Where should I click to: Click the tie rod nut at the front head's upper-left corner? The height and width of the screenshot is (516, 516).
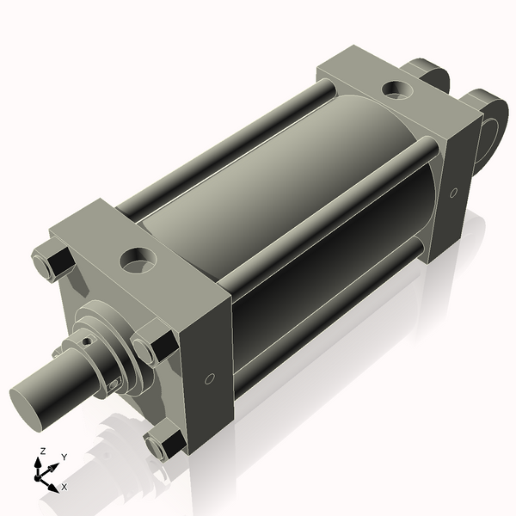tap(51, 263)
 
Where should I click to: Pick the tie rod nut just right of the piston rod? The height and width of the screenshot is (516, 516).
tap(154, 347)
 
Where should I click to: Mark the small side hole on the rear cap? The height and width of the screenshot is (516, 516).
tap(452, 193)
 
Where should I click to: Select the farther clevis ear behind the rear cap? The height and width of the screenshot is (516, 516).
tap(430, 73)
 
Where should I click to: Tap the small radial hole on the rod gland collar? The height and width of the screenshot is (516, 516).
tap(87, 342)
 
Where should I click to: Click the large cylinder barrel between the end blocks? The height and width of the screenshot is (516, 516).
tap(284, 189)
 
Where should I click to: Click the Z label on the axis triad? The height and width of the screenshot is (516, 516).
tap(41, 451)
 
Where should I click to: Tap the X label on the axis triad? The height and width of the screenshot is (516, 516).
tap(64, 487)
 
